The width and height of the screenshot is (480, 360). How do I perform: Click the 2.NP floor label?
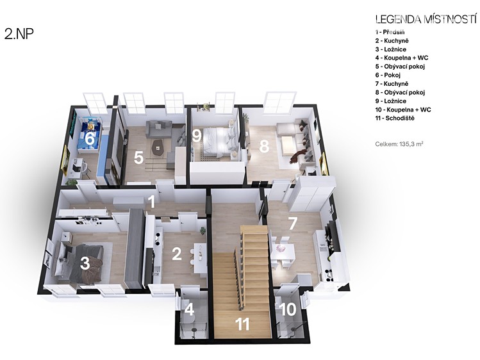pos(19,34)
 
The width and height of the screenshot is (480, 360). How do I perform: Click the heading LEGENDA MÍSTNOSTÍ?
pos(426,19)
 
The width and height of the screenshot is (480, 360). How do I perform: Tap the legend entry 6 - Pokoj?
pos(388,75)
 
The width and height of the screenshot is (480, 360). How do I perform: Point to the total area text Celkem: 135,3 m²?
pos(399,143)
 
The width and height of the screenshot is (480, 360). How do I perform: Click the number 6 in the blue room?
pos(90,138)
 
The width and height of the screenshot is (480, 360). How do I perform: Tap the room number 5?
pos(138,158)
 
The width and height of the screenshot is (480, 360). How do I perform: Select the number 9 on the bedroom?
pos(197,136)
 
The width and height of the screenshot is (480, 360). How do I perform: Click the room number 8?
pos(264,146)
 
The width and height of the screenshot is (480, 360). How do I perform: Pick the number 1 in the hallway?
pos(151,202)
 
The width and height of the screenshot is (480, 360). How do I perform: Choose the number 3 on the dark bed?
pos(85,263)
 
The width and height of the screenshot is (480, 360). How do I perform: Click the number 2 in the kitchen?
pos(177,254)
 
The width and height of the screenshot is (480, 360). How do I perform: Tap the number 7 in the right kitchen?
pos(293,224)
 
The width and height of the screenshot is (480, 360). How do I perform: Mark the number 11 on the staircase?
pos(242,324)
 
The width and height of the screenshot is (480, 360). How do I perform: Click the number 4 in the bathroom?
pos(190,309)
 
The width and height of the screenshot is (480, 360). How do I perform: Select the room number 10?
pos(288,309)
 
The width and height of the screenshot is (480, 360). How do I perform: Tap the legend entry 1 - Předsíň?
pos(390,32)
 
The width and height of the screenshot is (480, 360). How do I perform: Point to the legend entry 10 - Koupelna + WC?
pos(403,110)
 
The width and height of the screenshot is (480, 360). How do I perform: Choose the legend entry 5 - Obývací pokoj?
pos(400,67)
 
